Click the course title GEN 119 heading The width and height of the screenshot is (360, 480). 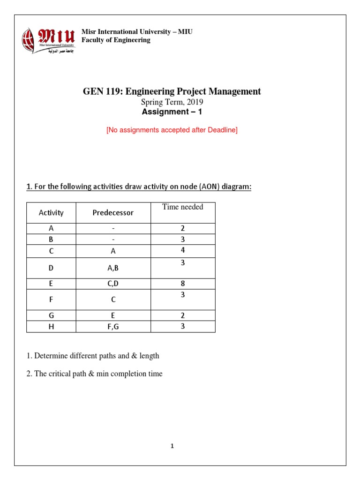tap(172, 91)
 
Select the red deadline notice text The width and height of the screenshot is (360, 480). tap(172, 130)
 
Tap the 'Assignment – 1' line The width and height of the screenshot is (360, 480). tap(172, 112)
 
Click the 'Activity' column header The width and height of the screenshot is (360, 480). tap(51, 213)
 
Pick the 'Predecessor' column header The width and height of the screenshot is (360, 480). tap(113, 213)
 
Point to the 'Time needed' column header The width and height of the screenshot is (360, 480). tap(183, 207)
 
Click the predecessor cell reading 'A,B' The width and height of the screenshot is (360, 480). tap(113, 268)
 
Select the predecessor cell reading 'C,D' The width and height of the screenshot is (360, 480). tap(113, 284)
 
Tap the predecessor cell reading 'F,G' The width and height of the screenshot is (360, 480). tap(113, 327)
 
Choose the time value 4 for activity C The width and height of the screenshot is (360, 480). tap(183, 250)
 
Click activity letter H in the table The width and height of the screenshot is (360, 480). tap(51, 327)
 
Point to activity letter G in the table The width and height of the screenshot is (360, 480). tap(51, 315)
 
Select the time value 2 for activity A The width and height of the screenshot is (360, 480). tap(183, 229)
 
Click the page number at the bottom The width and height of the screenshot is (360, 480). tap(172, 446)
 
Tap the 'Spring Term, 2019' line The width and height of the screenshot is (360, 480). tap(172, 102)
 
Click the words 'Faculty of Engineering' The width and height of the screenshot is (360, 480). tap(116, 40)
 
